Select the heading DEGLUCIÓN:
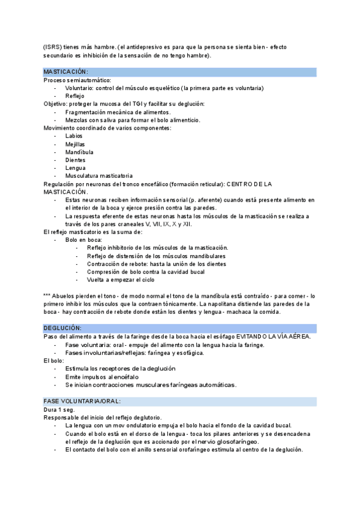(x=62, y=328)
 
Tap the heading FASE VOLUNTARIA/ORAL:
(x=82, y=400)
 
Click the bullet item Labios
(x=74, y=136)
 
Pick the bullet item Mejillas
(x=75, y=144)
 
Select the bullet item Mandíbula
(x=78, y=152)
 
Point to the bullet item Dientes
(x=76, y=160)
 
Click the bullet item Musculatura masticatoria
(x=99, y=176)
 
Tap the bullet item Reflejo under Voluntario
(x=75, y=96)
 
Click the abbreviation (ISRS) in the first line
(x=52, y=48)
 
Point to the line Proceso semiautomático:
(x=77, y=80)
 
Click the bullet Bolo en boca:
(x=83, y=239)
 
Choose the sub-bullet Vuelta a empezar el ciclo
(x=120, y=280)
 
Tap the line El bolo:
(x=55, y=361)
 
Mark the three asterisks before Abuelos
(x=47, y=296)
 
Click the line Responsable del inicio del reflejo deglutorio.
(x=107, y=417)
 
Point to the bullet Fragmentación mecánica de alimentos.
(x=118, y=112)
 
